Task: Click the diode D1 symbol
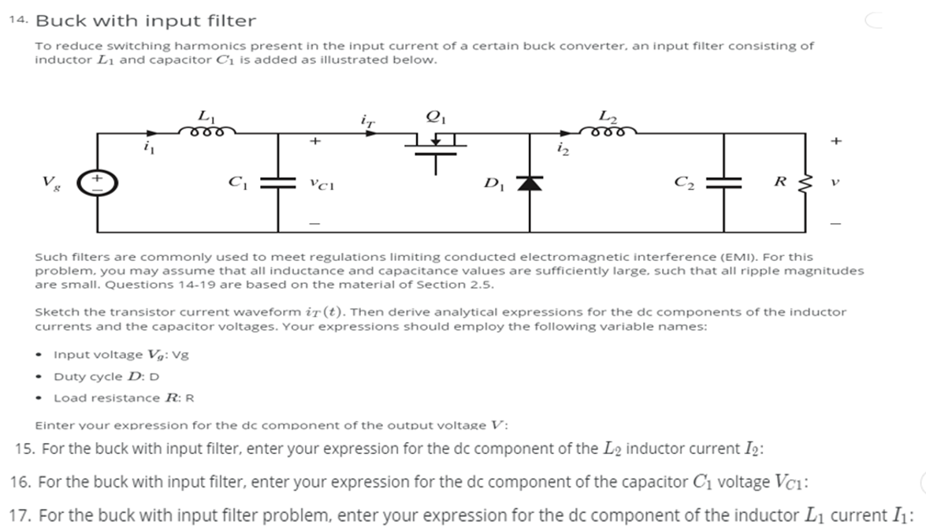(530, 184)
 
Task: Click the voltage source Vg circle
(97, 183)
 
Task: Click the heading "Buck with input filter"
(146, 20)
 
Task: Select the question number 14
(19, 20)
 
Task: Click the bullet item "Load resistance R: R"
(124, 397)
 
